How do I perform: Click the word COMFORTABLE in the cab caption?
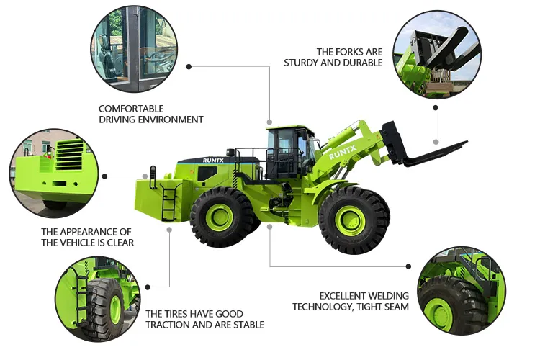tap(131, 109)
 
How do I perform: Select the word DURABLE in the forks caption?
tap(363, 63)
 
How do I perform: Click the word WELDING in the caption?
tap(387, 296)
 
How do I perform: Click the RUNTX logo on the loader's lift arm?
tap(342, 152)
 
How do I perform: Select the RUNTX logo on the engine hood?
tap(213, 161)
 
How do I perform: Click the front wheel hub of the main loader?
tap(350, 220)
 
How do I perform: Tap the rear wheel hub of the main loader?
tap(219, 217)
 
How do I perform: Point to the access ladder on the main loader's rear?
tap(169, 202)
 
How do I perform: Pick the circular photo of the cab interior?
tap(135, 48)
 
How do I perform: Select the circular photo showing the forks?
tap(437, 55)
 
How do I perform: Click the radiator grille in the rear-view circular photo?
tap(69, 156)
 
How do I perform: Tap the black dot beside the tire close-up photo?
tap(148, 287)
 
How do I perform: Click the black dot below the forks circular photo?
tap(436, 108)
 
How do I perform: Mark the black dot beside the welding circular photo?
tap(408, 266)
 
